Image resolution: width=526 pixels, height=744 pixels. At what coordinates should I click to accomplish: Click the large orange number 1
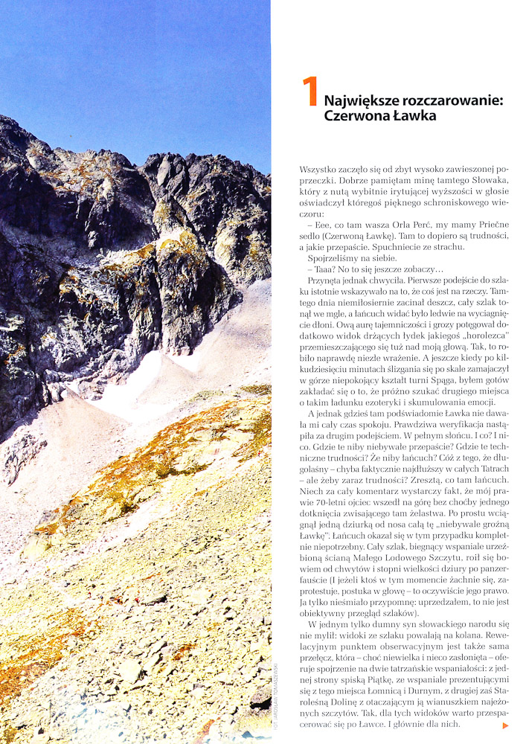pyautogui.click(x=310, y=93)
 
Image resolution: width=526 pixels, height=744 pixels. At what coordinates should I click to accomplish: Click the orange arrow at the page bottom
pyautogui.click(x=506, y=725)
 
